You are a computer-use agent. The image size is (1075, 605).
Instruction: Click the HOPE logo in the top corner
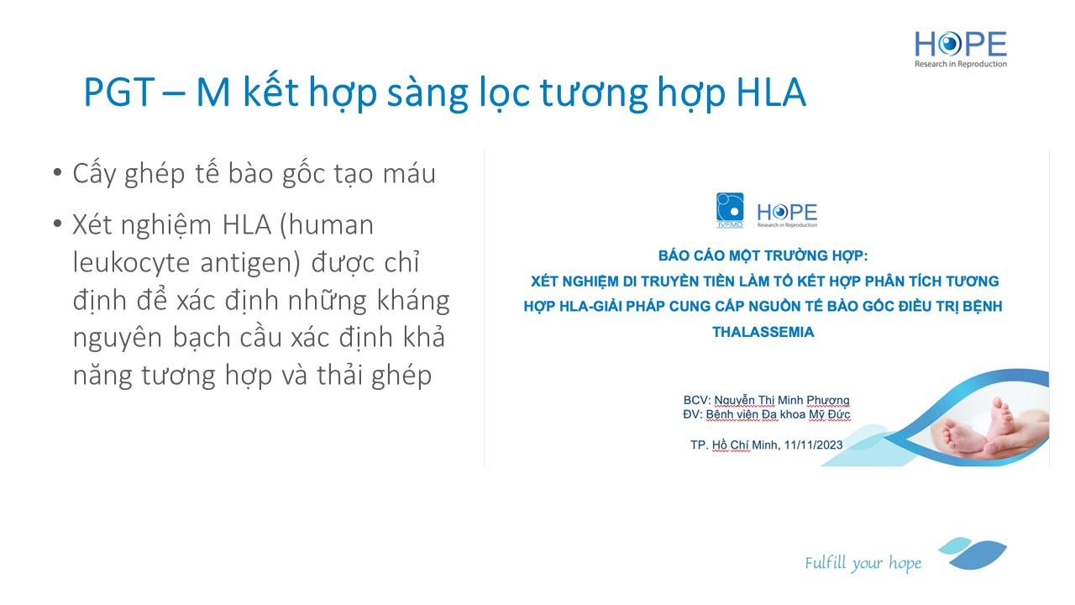(960, 49)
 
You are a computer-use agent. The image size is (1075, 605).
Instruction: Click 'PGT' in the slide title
(119, 92)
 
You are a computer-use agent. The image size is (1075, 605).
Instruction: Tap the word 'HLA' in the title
(771, 92)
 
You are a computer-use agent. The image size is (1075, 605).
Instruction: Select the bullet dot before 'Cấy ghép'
(58, 172)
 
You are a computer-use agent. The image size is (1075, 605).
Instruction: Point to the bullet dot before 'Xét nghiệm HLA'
(58, 224)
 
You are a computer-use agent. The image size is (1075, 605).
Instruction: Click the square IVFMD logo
(730, 210)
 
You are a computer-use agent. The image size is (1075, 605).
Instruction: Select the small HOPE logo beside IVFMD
(787, 214)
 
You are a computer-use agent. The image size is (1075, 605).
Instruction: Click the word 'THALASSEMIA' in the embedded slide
(763, 332)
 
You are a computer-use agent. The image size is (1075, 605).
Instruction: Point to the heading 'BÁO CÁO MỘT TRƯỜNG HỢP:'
(763, 255)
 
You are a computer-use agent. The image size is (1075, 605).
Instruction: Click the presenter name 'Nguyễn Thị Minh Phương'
(782, 401)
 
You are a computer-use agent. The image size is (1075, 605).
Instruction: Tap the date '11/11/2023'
(813, 445)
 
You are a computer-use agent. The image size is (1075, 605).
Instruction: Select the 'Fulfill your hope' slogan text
(863, 563)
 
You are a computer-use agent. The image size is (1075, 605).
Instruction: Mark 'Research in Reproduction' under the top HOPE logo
(960, 64)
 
